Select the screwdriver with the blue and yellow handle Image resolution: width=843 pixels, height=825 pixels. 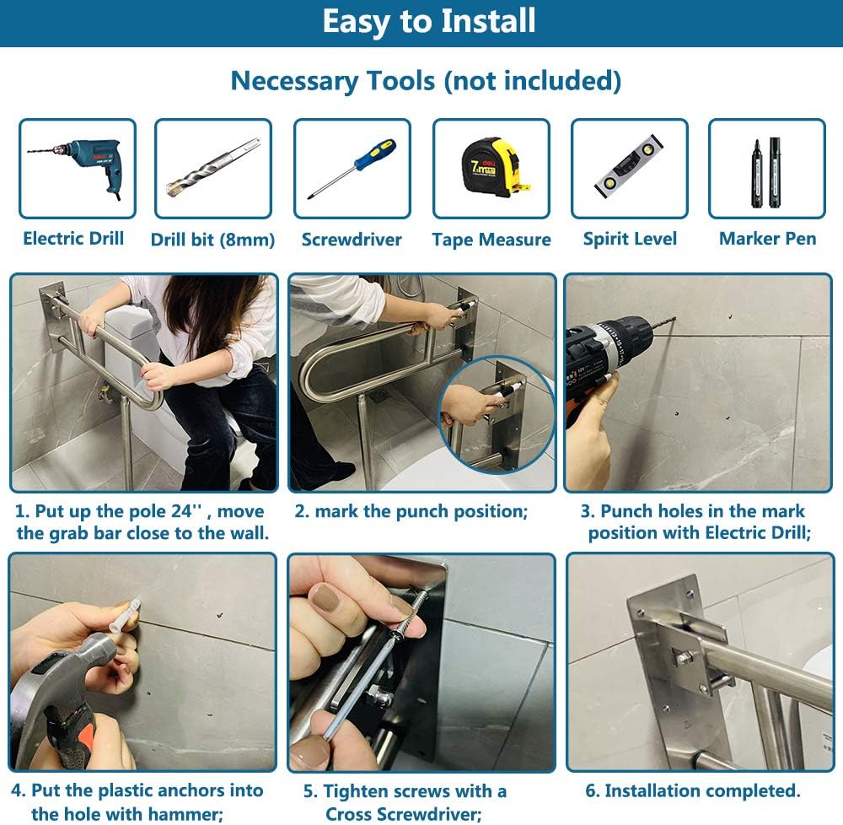pos(352,169)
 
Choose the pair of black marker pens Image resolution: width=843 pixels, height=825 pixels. pos(766,172)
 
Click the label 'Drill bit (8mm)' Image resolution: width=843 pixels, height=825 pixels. pos(213,240)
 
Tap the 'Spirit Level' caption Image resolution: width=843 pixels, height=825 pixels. pos(630,239)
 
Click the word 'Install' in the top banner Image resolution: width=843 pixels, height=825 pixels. pos(488,22)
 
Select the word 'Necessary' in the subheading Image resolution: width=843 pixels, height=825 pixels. pos(294,81)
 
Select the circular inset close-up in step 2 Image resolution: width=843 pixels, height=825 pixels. pos(497,414)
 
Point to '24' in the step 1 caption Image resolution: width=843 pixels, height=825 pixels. pos(182,511)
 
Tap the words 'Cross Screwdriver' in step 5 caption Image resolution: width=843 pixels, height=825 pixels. pos(404,814)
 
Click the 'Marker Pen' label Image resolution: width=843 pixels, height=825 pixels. pos(768,239)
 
